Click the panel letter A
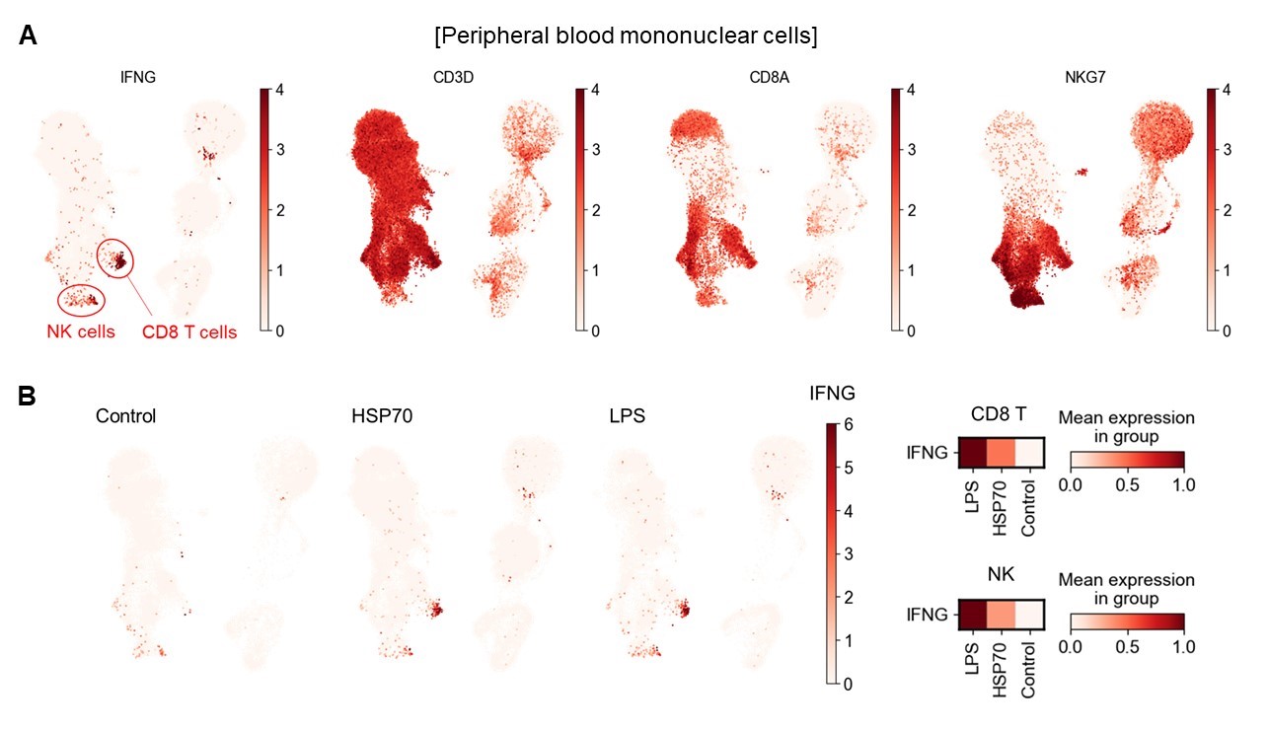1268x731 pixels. tap(29, 37)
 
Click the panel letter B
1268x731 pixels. tap(29, 396)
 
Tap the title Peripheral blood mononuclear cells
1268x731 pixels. tap(626, 37)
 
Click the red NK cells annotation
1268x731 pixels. tap(78, 331)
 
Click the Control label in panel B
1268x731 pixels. tap(125, 415)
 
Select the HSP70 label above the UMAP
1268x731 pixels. tap(383, 415)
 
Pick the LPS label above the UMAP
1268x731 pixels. tap(627, 415)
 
